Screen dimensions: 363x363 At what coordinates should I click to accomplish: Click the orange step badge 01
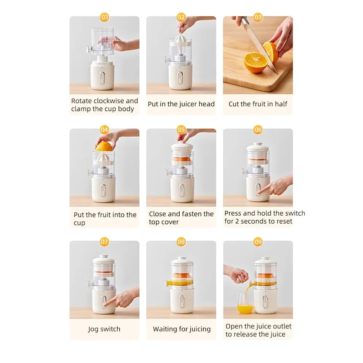[105, 17]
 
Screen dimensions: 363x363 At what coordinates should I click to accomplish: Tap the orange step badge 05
[181, 130]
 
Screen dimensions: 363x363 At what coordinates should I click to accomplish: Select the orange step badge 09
[258, 242]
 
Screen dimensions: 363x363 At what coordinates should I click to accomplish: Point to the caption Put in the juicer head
[181, 104]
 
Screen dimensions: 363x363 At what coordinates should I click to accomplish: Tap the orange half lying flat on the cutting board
[256, 62]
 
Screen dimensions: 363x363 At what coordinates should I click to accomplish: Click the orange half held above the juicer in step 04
[103, 147]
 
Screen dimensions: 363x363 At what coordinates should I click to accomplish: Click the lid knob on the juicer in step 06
[258, 144]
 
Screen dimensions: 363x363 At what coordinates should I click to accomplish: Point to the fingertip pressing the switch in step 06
[259, 192]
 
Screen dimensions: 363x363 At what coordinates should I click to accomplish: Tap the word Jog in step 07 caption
[93, 329]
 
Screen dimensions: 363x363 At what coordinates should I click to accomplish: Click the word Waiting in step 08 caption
[164, 329]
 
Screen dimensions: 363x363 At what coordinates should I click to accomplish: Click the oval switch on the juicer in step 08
[182, 301]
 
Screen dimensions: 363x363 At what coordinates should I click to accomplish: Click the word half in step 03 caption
[281, 104]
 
